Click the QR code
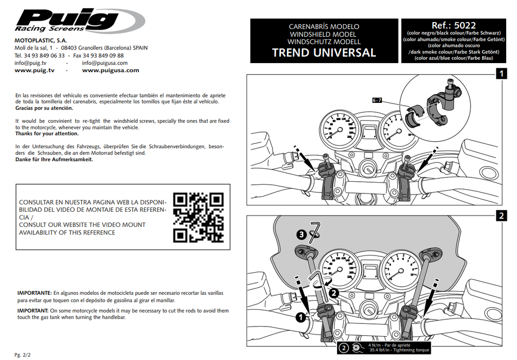tap(198, 217)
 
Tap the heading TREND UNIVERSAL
tap(324, 53)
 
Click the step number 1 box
tap(501, 74)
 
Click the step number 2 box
tap(501, 216)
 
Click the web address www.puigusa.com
tap(110, 71)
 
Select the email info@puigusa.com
tap(105, 63)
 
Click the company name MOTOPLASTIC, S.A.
tap(41, 40)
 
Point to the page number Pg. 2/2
tap(23, 355)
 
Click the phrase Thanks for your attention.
tap(47, 134)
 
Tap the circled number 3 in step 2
tap(302, 234)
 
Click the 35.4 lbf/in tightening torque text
tap(399, 350)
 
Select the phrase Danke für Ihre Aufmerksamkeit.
tap(54, 160)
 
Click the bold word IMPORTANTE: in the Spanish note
tap(34, 293)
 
